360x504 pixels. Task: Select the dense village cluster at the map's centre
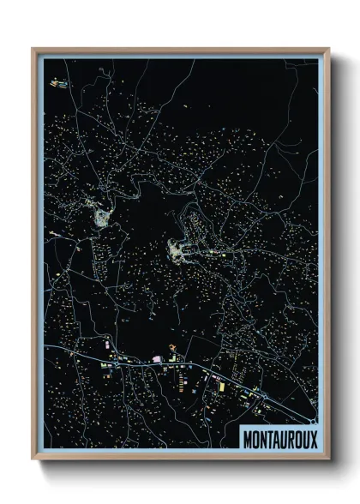(180, 251)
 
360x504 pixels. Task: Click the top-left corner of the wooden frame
(34, 50)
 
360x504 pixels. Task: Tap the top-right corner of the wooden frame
(327, 50)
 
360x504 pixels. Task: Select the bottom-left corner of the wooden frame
(34, 459)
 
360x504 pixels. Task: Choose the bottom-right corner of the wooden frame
(327, 459)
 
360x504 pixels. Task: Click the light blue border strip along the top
(180, 57)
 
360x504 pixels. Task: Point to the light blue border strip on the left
(41, 257)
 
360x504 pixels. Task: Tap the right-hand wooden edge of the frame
(327, 257)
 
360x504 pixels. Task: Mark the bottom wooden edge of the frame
(180, 457)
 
